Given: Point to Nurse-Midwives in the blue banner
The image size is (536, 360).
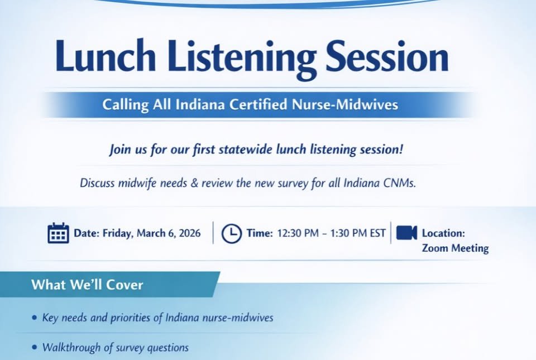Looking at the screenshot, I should tap(350, 104).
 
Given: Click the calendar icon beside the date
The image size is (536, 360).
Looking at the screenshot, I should tap(58, 233).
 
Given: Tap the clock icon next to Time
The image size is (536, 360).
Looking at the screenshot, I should tap(231, 233).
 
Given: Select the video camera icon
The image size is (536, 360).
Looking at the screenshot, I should tap(406, 233).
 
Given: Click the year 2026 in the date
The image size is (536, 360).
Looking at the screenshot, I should tap(189, 233).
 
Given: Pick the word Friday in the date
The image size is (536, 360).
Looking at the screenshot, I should tap(117, 233).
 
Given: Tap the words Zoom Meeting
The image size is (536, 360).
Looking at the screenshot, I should tap(455, 248).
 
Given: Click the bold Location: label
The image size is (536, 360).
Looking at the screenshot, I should tap(443, 233).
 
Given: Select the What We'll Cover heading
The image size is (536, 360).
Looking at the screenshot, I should tap(87, 285).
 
